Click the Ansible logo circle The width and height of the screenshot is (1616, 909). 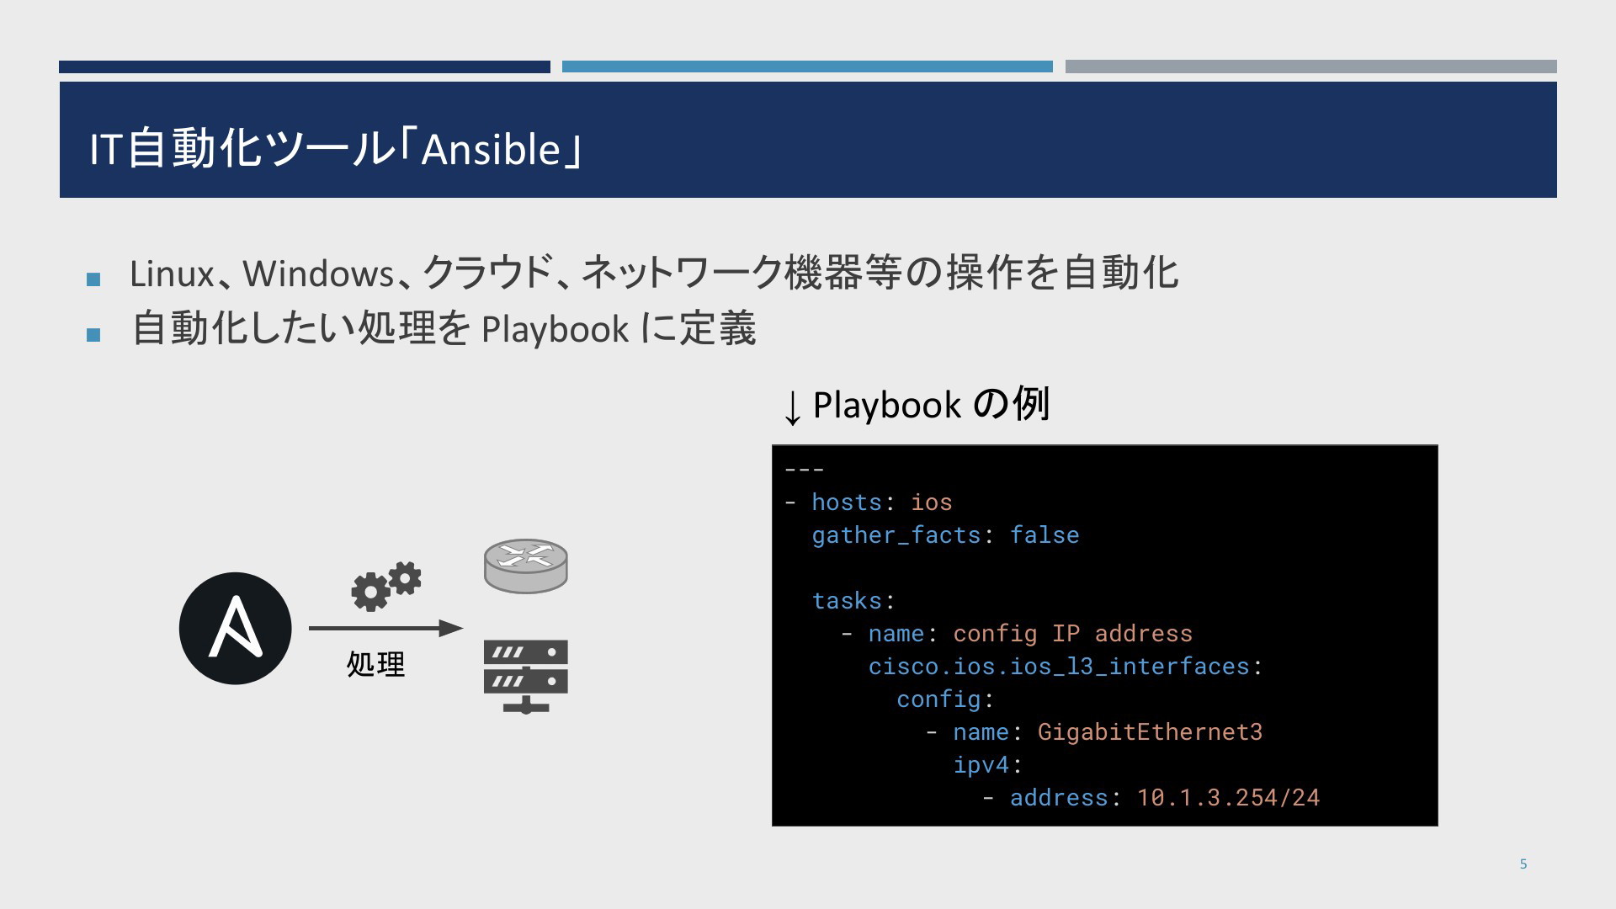click(x=236, y=628)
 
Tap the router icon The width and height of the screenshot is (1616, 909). click(x=526, y=566)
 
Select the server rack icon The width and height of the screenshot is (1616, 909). click(x=526, y=677)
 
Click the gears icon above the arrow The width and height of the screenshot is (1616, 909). click(x=386, y=585)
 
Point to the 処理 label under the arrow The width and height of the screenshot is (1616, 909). click(x=375, y=664)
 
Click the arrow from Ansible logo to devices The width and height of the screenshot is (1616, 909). click(x=386, y=628)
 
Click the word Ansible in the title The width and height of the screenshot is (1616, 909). click(x=491, y=150)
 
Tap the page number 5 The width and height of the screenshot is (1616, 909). click(x=1523, y=864)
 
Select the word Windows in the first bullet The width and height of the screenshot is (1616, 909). click(x=318, y=274)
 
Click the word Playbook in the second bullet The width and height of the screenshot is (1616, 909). click(x=555, y=329)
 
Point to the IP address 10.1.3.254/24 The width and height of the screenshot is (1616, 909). click(x=1228, y=797)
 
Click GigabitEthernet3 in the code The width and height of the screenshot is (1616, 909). click(x=1150, y=731)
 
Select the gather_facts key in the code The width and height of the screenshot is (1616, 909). click(x=896, y=535)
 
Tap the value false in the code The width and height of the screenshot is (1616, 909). click(x=1045, y=534)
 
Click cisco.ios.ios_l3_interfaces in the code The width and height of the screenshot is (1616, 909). click(x=1059, y=667)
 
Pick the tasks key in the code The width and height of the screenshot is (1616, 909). click(x=847, y=600)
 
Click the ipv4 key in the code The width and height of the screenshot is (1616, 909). click(x=981, y=765)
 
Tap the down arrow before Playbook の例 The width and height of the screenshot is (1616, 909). click(x=792, y=408)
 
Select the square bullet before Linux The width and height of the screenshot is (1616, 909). click(x=93, y=279)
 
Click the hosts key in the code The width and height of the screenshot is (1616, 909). click(x=847, y=502)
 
